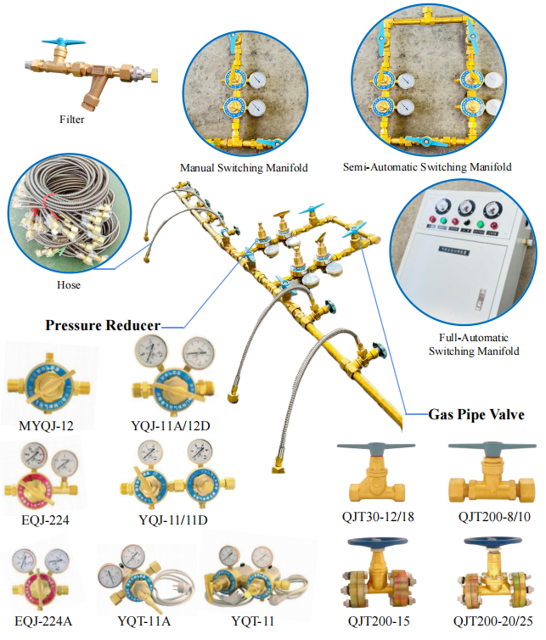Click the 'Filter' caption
pos(72,120)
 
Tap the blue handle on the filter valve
pos(64,42)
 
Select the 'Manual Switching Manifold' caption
pos(244,168)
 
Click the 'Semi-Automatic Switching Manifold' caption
pos(427,167)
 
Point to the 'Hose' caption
pos(69,285)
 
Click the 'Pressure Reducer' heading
pos(103,325)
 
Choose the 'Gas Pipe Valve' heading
pos(476,415)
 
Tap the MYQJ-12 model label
pos(46,426)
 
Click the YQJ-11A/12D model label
pos(171,426)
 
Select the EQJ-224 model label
pos(45,520)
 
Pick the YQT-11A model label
pos(144,621)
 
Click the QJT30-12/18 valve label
pos(378,517)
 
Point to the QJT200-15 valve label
pos(379,621)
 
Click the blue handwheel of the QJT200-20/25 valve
pos(493,543)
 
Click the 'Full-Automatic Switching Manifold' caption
pos(474,345)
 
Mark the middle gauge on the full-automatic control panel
pos(466,209)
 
